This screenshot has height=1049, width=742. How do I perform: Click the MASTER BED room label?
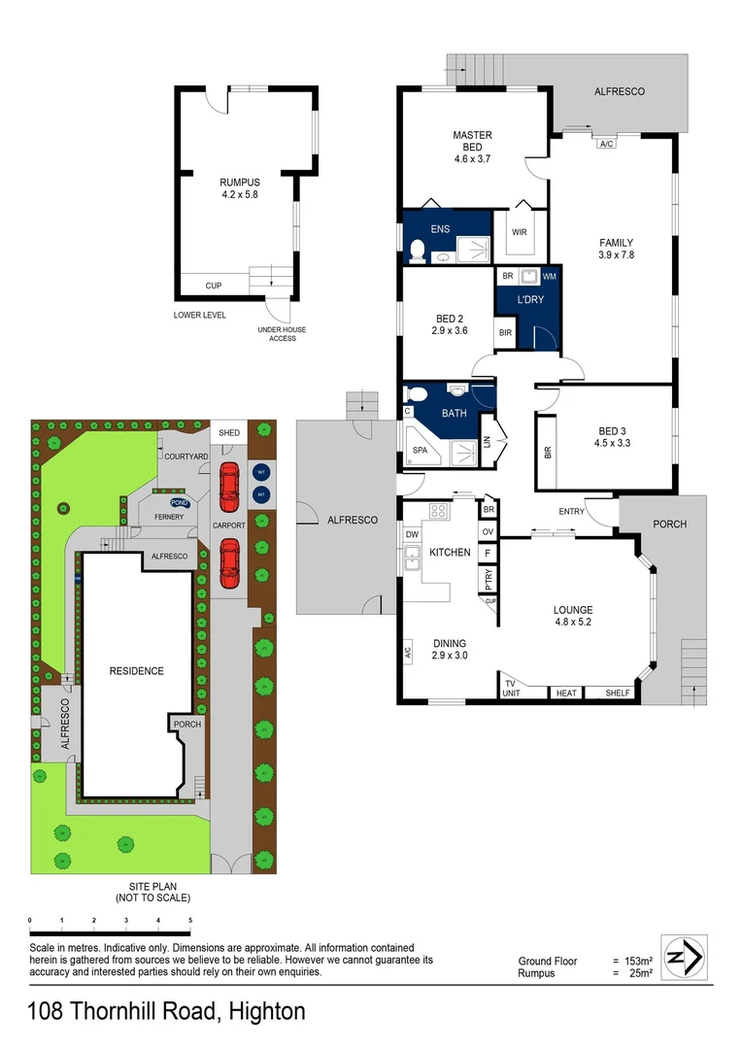[472, 141]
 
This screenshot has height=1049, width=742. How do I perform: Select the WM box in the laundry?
[550, 277]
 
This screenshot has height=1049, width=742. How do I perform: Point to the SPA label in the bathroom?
[420, 451]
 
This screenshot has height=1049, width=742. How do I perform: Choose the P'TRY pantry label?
[488, 579]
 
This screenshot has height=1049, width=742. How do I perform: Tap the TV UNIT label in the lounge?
[510, 688]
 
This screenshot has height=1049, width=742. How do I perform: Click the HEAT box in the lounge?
[565, 694]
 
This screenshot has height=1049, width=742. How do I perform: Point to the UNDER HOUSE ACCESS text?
[282, 334]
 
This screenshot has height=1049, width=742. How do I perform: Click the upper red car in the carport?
[229, 487]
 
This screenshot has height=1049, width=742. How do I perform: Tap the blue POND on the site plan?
[180, 503]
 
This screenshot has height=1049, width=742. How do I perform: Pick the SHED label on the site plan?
[229, 433]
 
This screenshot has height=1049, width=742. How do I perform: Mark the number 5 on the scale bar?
[190, 920]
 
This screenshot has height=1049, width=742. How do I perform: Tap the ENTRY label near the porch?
[572, 511]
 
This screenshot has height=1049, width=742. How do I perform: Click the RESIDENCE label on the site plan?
[136, 671]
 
